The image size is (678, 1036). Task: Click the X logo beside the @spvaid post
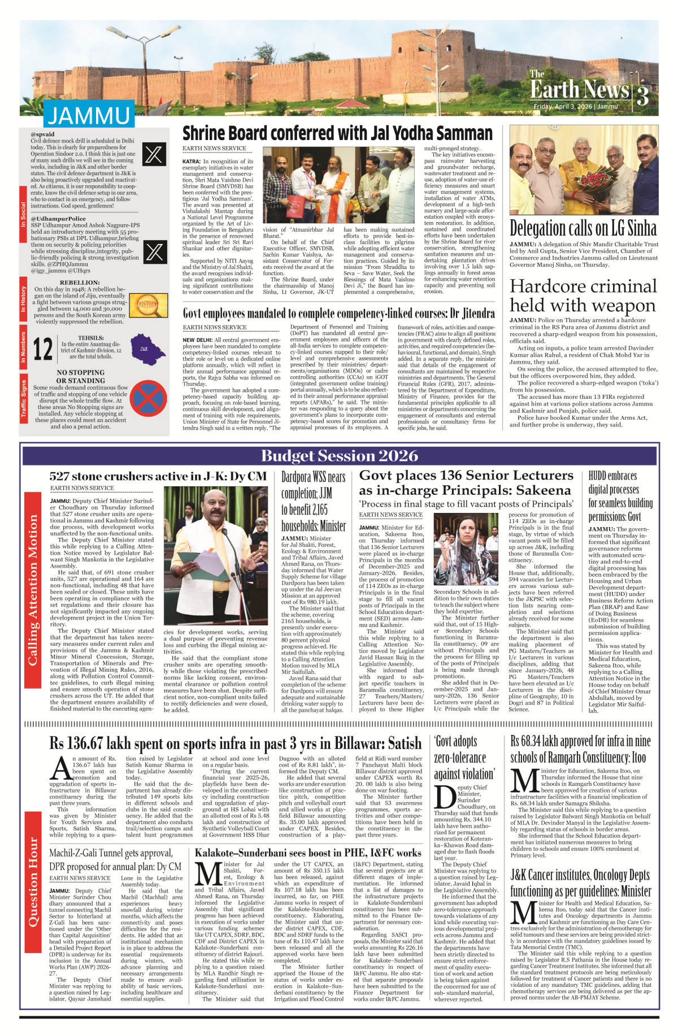pos(154,154)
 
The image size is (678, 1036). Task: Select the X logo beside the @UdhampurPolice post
pos(154,251)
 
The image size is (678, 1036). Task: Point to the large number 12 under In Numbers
pos(43,349)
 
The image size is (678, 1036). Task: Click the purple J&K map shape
pos(147,349)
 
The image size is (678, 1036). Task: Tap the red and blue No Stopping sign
pos(148,398)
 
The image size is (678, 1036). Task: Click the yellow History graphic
pos(149,305)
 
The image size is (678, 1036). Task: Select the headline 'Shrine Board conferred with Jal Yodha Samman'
pos(337,134)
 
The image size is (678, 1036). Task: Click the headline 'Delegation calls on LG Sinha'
pos(583,228)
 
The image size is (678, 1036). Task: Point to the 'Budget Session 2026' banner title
pos(340,456)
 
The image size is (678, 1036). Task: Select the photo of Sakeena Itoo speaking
pos(466,549)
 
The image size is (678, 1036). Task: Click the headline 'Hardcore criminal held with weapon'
pos(583,295)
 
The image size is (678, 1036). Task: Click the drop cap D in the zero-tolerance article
pos(445,796)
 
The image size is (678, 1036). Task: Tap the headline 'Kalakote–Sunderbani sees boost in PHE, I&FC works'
pos(308,853)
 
